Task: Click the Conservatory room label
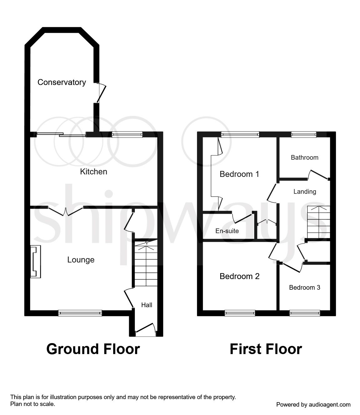(x=62, y=82)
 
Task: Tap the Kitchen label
(x=94, y=172)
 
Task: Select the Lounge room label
(x=81, y=260)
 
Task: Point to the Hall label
(x=147, y=305)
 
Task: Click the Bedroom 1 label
(x=239, y=174)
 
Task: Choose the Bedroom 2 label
(x=239, y=276)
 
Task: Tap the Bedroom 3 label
(x=304, y=287)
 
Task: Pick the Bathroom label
(x=304, y=157)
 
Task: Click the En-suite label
(x=227, y=231)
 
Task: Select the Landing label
(x=305, y=192)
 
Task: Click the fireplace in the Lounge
(x=35, y=262)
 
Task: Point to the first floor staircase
(x=318, y=222)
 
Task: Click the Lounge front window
(x=80, y=313)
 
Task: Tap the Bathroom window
(x=303, y=134)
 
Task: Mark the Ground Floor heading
(x=93, y=349)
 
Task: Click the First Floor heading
(x=266, y=349)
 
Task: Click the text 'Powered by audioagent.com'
(x=313, y=405)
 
